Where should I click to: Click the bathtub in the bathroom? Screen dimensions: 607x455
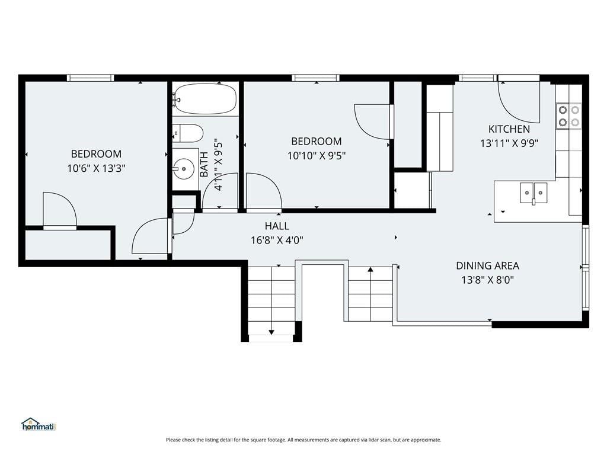pyautogui.click(x=205, y=99)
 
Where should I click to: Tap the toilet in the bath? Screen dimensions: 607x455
pyautogui.click(x=188, y=133)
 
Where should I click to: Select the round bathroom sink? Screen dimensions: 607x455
pyautogui.click(x=183, y=168)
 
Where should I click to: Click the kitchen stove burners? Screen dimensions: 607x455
pyautogui.click(x=568, y=116)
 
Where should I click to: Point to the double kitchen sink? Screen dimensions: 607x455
pyautogui.click(x=533, y=193)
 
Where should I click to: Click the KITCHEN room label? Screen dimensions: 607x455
pyautogui.click(x=509, y=129)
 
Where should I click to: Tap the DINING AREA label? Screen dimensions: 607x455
pyautogui.click(x=487, y=266)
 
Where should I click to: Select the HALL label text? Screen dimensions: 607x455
pyautogui.click(x=277, y=226)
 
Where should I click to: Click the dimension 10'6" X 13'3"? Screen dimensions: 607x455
pyautogui.click(x=97, y=168)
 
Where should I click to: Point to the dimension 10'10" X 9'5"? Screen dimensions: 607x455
pyautogui.click(x=317, y=156)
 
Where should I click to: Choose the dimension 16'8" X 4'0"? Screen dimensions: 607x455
pyautogui.click(x=277, y=241)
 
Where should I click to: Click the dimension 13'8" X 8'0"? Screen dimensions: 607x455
pyautogui.click(x=488, y=280)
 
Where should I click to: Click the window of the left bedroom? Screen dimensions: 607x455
pyautogui.click(x=91, y=78)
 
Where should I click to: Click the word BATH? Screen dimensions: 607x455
pyautogui.click(x=204, y=165)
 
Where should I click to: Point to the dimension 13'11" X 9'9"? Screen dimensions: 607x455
pyautogui.click(x=509, y=143)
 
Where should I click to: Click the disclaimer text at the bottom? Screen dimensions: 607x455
pyautogui.click(x=303, y=440)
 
